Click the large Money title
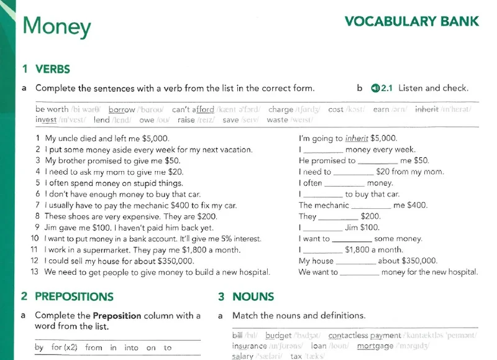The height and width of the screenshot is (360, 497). point(57,26)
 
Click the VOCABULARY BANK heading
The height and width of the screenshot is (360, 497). point(412,22)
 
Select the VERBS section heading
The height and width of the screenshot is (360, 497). point(52,69)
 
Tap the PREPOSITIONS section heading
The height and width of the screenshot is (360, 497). point(74,297)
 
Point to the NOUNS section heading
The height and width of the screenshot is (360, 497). point(253,297)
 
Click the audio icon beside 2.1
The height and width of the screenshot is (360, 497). point(375,88)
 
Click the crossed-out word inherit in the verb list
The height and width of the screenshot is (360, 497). point(427,109)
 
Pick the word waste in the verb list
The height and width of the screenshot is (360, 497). point(277,120)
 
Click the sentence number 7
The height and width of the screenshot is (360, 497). point(38,205)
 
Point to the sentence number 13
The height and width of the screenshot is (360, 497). point(35,272)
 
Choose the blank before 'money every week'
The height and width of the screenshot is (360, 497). point(324,150)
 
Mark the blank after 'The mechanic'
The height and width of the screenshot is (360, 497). point(372,206)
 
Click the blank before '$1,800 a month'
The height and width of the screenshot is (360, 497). point(324,250)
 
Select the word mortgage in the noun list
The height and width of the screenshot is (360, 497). point(375,346)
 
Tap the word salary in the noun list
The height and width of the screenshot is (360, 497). point(242,356)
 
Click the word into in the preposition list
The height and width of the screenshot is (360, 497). point(132,348)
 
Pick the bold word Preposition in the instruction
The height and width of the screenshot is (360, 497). point(117,315)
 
